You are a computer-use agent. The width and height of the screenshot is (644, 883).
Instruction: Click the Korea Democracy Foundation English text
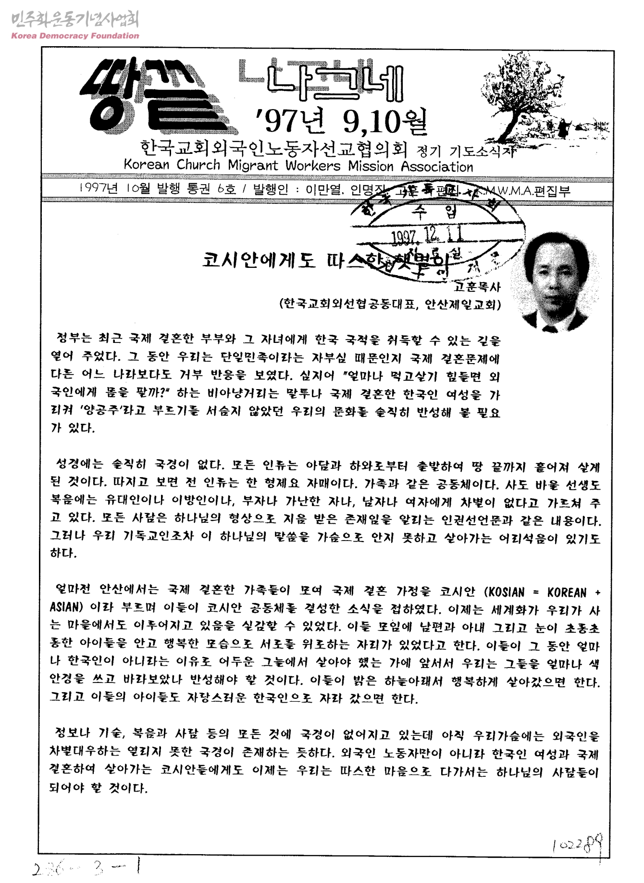click(75, 36)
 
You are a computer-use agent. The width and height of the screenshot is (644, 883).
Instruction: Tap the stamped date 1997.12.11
click(428, 235)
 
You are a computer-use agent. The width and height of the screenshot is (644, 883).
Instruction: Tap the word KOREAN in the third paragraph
click(567, 592)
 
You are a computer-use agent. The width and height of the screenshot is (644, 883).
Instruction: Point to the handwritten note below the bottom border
click(87, 868)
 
